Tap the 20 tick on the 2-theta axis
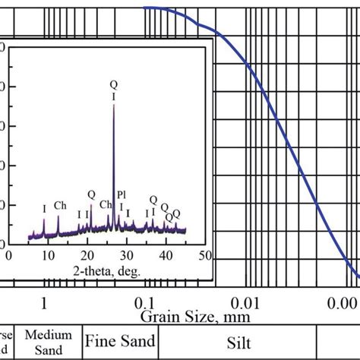click(x=87, y=255)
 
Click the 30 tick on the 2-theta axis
click(x=126, y=255)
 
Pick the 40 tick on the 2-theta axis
click(x=166, y=255)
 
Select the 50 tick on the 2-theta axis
click(x=203, y=255)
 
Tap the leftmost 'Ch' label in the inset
click(x=60, y=205)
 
